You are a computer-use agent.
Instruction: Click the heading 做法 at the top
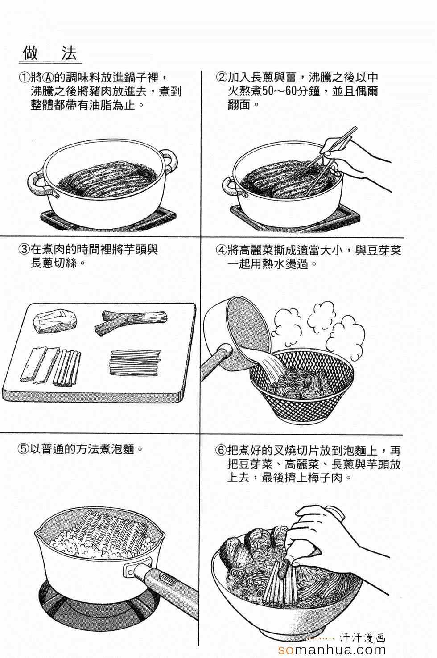(49, 53)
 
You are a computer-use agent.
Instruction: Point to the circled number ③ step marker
(24, 250)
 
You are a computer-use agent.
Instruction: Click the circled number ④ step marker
(221, 250)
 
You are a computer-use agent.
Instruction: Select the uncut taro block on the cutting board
(55, 322)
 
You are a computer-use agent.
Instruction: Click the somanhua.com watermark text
(332, 649)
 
